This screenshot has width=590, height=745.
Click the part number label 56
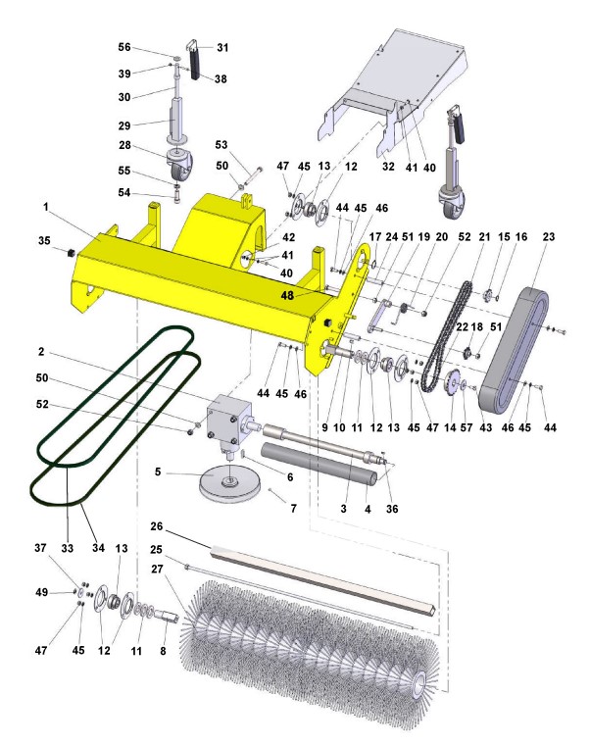124,47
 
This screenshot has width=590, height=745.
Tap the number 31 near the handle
222,47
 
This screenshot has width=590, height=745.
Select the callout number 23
548,236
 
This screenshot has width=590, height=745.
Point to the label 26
156,526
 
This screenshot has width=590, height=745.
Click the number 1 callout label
46,207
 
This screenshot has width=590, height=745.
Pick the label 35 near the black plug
44,240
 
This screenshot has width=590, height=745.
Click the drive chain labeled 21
447,336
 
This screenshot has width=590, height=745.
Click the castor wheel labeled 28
178,166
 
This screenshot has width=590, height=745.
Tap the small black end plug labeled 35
71,252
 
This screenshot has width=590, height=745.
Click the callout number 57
467,427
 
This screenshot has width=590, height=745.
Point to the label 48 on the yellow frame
287,295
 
